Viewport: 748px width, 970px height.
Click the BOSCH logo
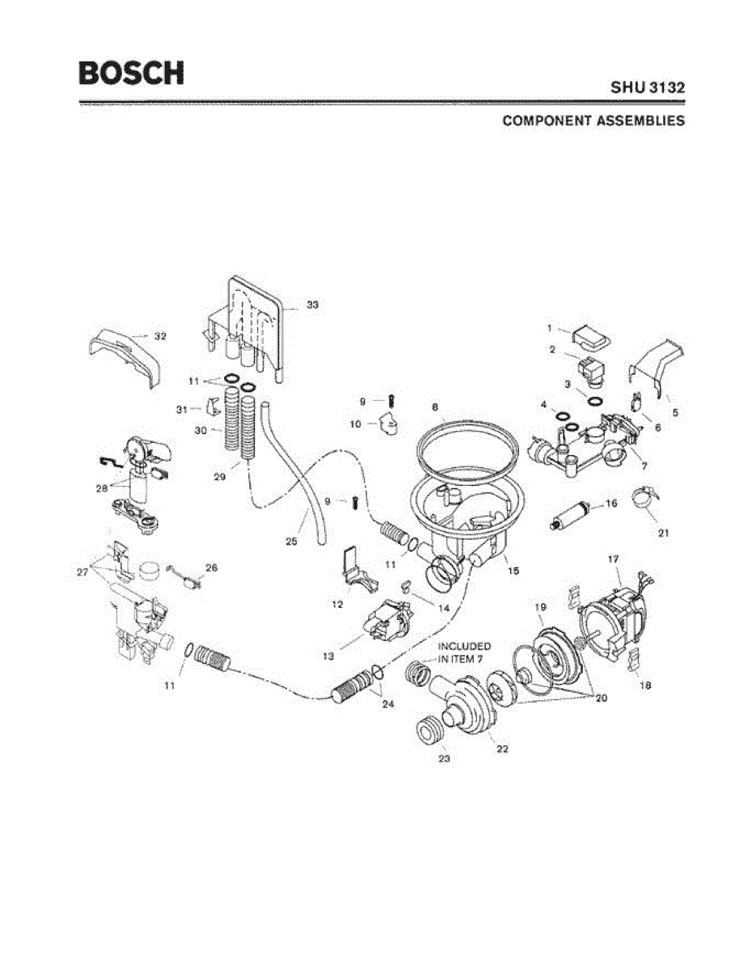[x=131, y=73]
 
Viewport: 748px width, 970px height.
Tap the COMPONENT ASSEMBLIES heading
[x=594, y=121]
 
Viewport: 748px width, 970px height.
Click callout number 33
[x=312, y=305]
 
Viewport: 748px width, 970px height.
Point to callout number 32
[x=160, y=335]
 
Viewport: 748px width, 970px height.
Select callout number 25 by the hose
[x=291, y=541]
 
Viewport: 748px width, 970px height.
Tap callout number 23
[x=444, y=758]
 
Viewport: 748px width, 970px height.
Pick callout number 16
[x=611, y=504]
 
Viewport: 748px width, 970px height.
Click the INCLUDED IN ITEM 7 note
[x=464, y=652]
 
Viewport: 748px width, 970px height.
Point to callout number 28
[x=100, y=490]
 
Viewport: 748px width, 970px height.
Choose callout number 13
[x=328, y=656]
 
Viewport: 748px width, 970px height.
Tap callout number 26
[x=211, y=567]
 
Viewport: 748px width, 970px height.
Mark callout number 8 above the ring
[x=434, y=407]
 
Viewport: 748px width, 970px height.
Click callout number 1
[x=548, y=328]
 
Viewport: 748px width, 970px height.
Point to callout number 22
[x=502, y=749]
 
